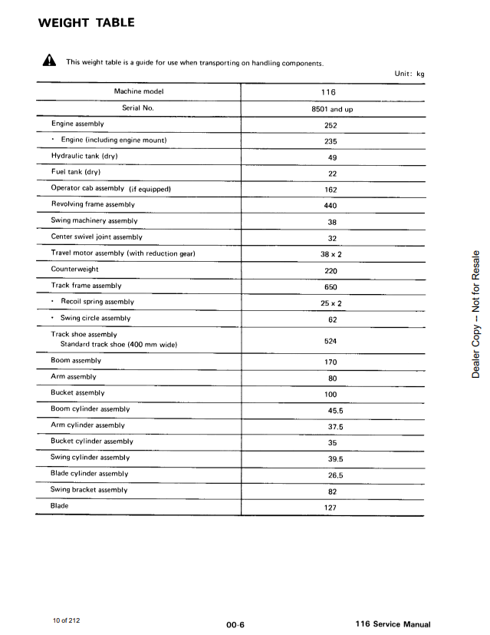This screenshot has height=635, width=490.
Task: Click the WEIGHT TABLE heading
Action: click(86, 22)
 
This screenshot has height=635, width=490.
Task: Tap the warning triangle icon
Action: click(48, 61)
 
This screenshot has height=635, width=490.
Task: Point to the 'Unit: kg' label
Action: click(409, 74)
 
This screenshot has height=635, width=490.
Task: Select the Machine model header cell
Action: click(138, 92)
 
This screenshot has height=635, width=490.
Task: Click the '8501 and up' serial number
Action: click(332, 109)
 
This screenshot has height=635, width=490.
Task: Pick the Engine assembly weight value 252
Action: click(331, 125)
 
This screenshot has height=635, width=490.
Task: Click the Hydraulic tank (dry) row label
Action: click(84, 156)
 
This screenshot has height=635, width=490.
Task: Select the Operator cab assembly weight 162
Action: click(331, 190)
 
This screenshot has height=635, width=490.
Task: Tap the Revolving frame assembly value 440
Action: click(331, 206)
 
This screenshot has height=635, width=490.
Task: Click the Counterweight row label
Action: click(74, 270)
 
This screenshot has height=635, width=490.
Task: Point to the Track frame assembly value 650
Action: click(331, 287)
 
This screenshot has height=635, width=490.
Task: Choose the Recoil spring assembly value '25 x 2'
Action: click(331, 303)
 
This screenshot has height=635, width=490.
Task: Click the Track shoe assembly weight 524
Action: click(331, 341)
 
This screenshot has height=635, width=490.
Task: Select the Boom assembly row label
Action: click(76, 360)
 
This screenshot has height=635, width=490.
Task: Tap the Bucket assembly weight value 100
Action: click(331, 395)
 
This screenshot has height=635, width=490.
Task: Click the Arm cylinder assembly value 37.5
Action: click(335, 427)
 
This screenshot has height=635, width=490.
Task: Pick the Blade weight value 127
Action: click(331, 508)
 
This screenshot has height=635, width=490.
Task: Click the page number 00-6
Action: click(235, 625)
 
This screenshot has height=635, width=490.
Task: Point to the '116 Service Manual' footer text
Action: click(393, 625)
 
